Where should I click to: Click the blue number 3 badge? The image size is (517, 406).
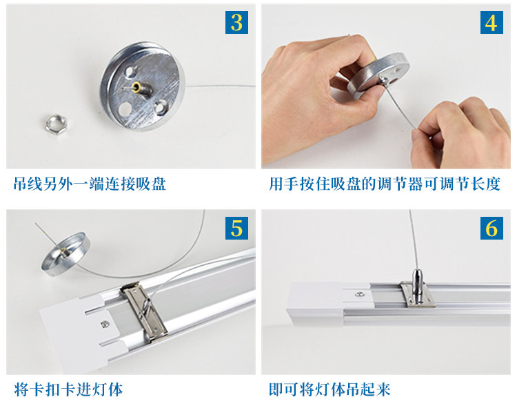pyautogui.click(x=236, y=23)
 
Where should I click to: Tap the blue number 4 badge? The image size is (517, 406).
pyautogui.click(x=491, y=23)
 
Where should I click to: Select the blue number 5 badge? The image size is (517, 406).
pyautogui.click(x=236, y=228)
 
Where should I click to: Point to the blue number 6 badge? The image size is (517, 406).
pyautogui.click(x=491, y=228)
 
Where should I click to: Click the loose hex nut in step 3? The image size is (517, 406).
pyautogui.click(x=57, y=124)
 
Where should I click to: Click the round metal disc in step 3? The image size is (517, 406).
pyautogui.click(x=143, y=86)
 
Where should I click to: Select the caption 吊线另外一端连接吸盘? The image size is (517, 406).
pyautogui.click(x=90, y=184)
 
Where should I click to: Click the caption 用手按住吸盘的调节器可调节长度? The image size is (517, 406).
pyautogui.click(x=385, y=184)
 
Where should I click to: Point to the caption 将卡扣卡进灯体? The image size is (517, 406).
pyautogui.click(x=68, y=389)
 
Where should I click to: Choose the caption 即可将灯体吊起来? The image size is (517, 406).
pyautogui.click(x=330, y=389)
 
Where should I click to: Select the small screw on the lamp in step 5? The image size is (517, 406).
pyautogui.click(x=105, y=324)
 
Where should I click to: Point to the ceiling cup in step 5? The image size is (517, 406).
pyautogui.click(x=65, y=253)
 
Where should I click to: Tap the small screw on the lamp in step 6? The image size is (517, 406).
pyautogui.click(x=359, y=293)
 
